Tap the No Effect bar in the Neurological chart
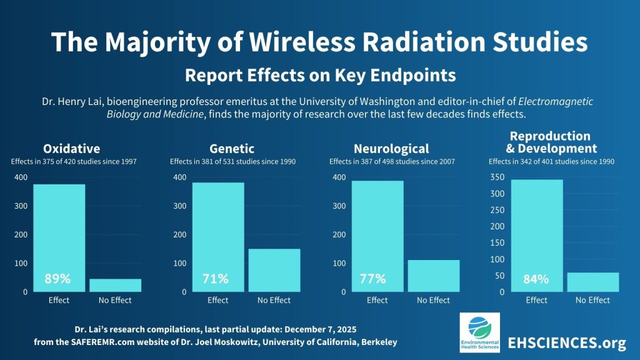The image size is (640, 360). pos(434,276)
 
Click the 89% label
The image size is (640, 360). pos(57,279)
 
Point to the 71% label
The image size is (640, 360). pos(215,279)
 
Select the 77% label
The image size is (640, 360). pos(373,279)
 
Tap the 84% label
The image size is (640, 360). pos(536,279)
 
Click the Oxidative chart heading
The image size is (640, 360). pos(71,149)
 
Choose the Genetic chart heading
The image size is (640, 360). pos(232,149)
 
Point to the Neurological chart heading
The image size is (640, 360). pos(391,149)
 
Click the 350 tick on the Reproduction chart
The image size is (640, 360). pos(496,177)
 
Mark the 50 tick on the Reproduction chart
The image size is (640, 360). pos(499,276)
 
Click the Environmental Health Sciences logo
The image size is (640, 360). pos(479,332)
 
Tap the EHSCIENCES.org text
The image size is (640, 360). pos(567,342)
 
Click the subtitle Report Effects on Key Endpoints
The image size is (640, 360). pos(320,76)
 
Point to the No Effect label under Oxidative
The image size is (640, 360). pos(115,300)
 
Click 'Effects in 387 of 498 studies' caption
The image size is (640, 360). pos(392,162)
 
